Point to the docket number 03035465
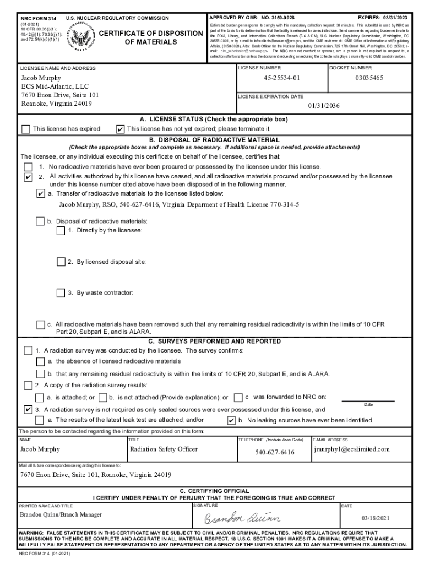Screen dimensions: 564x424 [369, 78]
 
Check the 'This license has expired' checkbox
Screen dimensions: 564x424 [25, 129]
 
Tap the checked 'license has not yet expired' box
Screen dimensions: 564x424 [120, 129]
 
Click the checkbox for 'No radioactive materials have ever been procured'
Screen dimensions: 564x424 [28, 166]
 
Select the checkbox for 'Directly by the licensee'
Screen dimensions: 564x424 [61, 231]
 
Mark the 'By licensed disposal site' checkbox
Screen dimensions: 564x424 [61, 262]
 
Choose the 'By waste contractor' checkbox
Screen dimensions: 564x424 [61, 292]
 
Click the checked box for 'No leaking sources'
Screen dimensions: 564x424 [231, 420]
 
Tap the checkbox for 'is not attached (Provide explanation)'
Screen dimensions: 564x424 [103, 397]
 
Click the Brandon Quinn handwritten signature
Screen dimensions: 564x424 [243, 518]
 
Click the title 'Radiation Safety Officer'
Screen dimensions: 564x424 [164, 449]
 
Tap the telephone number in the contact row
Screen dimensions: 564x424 [274, 452]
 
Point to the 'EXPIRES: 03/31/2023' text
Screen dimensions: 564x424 [383, 18]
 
